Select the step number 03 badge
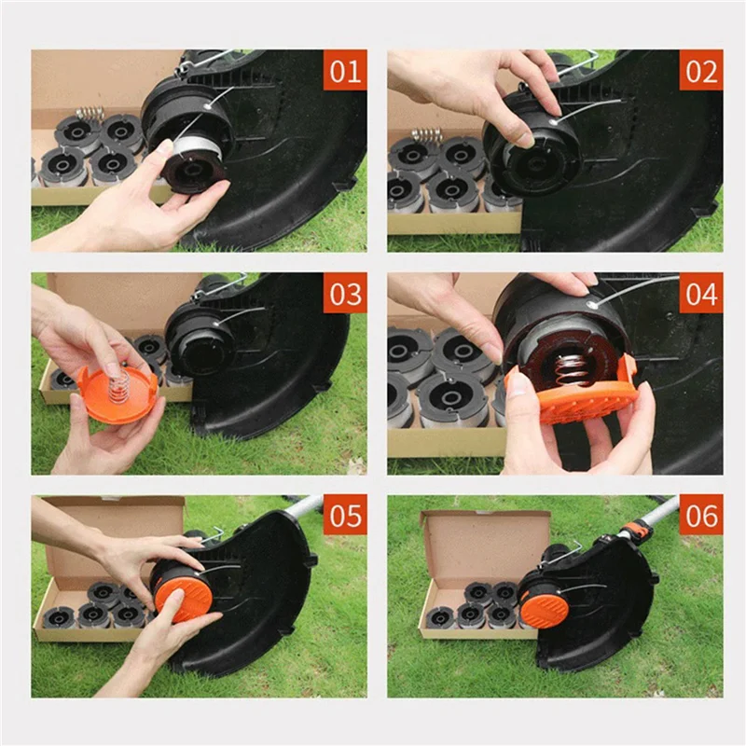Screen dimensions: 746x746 345,294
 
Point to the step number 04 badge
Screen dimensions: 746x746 700,294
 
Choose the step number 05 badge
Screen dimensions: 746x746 345,515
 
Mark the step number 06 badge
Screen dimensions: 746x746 700,515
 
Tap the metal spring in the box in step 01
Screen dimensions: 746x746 90,114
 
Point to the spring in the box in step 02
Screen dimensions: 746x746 426,136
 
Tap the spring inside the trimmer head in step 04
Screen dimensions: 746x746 563,363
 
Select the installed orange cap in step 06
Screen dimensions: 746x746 545,607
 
